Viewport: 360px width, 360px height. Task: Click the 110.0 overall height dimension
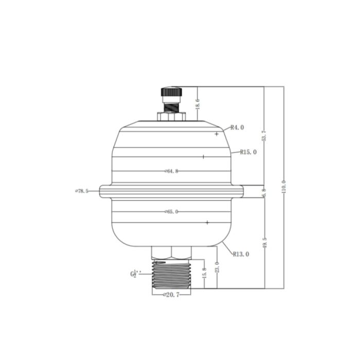(283, 187)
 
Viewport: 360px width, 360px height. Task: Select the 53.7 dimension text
(264, 136)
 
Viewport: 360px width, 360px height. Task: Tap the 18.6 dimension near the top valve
(197, 104)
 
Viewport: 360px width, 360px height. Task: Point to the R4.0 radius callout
(237, 127)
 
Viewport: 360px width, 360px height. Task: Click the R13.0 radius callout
(241, 254)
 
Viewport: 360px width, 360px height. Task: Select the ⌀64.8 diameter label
(171, 171)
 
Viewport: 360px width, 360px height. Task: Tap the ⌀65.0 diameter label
(171, 211)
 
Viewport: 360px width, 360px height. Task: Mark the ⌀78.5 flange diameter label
(82, 191)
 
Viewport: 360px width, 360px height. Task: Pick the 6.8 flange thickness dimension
(264, 192)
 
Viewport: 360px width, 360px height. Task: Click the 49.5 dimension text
(264, 243)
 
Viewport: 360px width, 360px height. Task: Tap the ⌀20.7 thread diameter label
(171, 295)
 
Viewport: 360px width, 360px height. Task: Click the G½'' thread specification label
(134, 274)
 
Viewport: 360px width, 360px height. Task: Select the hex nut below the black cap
(171, 117)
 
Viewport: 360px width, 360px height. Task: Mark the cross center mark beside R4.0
(217, 134)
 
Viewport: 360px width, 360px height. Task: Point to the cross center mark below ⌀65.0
(207, 222)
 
